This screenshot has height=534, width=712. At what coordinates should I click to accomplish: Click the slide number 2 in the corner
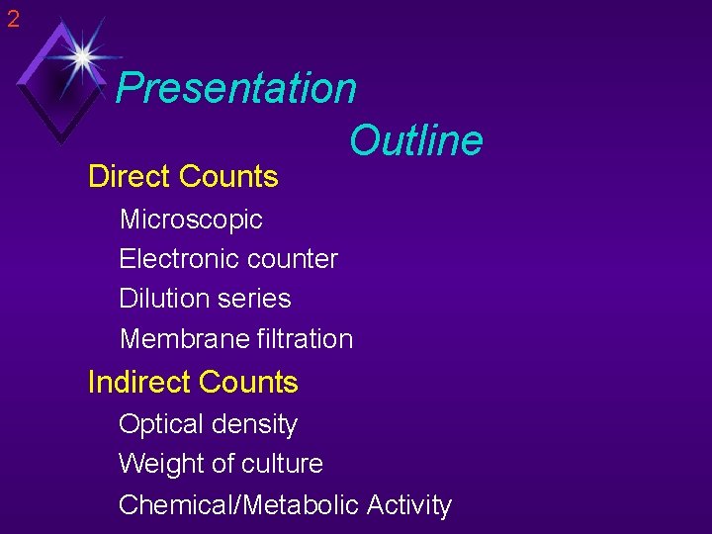(x=13, y=17)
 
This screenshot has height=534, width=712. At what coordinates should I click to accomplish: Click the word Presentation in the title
(x=235, y=88)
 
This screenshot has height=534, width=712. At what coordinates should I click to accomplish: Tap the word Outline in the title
(x=415, y=140)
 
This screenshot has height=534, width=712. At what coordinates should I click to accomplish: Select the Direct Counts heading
(x=183, y=177)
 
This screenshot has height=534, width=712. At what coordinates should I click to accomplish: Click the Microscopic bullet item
(x=191, y=220)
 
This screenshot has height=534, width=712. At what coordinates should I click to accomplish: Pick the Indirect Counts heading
(x=193, y=382)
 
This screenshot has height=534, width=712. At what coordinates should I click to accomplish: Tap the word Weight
(x=150, y=464)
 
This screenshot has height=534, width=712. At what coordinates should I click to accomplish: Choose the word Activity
(x=408, y=505)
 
